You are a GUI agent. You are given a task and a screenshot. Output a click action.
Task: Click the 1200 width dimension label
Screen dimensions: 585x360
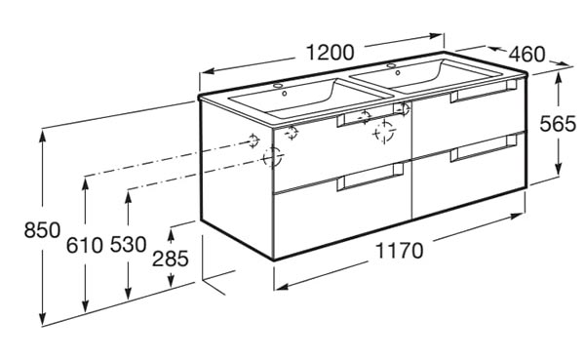pos(330,53)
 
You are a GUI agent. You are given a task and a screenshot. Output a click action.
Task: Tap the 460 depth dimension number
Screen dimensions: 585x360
pos(526,55)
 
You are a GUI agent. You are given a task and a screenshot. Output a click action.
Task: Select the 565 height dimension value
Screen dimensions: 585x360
pos(558,124)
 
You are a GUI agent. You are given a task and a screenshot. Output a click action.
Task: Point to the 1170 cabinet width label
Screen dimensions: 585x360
pos(399,251)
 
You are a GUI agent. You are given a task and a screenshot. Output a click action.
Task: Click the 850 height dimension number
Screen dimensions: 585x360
pos(42,229)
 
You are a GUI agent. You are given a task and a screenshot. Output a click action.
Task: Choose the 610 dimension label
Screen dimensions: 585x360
pos(84,245)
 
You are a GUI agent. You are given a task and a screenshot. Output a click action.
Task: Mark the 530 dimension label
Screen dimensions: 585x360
pos(129,245)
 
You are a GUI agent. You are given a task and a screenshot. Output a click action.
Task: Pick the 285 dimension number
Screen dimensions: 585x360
pos(170,259)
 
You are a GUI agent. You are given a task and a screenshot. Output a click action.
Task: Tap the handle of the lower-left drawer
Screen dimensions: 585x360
pos(370,177)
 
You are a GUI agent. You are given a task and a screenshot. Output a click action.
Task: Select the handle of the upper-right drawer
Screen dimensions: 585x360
pos(484,91)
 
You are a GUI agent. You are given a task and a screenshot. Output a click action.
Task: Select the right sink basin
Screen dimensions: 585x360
pos(425,76)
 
